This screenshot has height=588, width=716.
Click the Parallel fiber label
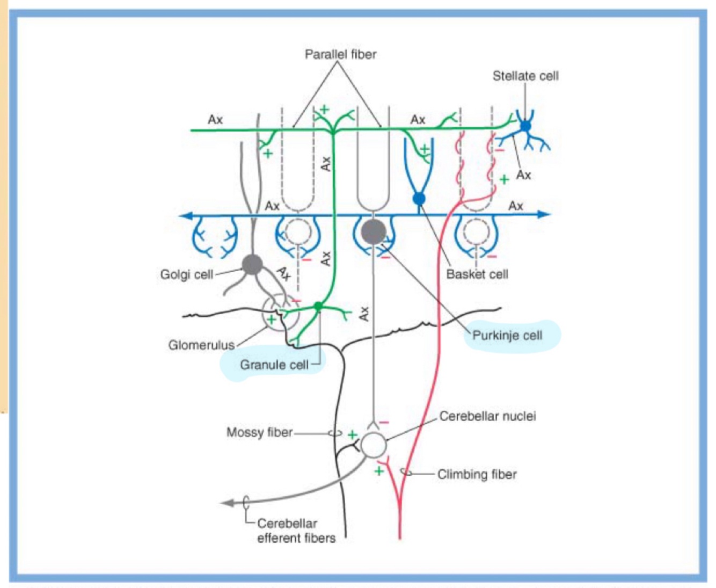(340, 54)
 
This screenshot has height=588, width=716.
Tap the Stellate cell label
(525, 76)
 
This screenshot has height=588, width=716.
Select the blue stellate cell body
(525, 126)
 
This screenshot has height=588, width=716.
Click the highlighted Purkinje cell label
(507, 336)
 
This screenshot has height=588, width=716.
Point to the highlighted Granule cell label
(274, 365)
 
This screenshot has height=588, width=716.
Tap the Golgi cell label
(186, 274)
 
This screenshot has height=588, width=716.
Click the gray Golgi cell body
(252, 264)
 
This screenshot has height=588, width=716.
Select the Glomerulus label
(201, 345)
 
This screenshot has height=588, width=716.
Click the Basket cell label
(477, 274)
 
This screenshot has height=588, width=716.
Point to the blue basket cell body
(419, 199)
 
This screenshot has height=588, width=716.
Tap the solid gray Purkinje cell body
(374, 232)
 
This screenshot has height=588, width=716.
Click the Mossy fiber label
(259, 432)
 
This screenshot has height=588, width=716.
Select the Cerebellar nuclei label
(487, 416)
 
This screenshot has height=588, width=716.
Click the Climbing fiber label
(477, 474)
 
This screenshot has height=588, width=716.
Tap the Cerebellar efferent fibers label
(296, 531)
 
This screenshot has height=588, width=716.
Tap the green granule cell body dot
(318, 307)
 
